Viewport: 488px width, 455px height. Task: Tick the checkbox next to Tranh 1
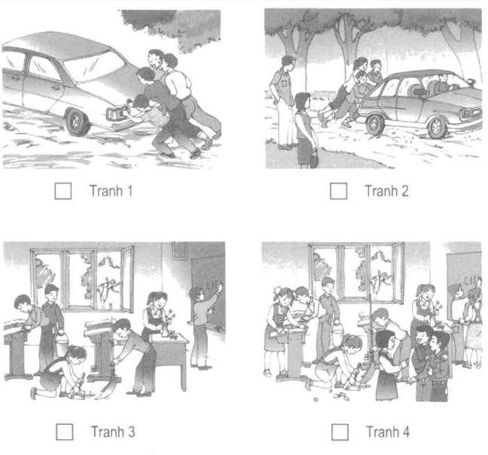[x=63, y=191]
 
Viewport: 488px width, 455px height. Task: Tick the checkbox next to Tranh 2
[x=339, y=191]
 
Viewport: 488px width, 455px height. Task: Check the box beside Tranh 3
[x=65, y=432]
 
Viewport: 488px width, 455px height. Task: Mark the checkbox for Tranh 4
[x=340, y=432]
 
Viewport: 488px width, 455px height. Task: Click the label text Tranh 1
[x=111, y=191]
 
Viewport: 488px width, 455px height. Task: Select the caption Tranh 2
[x=386, y=191]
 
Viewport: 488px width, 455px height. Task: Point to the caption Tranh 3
[x=113, y=432]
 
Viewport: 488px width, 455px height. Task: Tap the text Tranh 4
[x=388, y=432]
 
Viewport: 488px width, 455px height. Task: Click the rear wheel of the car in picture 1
[x=77, y=122]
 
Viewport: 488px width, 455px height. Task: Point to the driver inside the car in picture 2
[x=442, y=84]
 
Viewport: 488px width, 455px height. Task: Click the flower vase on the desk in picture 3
[x=166, y=328]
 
